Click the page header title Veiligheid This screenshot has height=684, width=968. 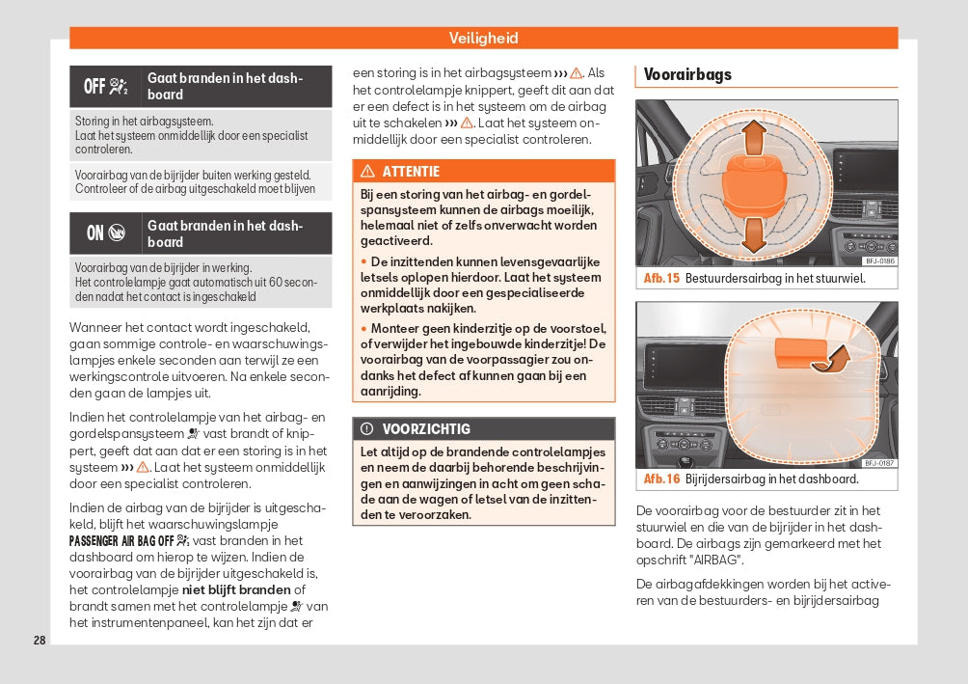pyautogui.click(x=483, y=38)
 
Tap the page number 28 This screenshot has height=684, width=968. pyautogui.click(x=40, y=641)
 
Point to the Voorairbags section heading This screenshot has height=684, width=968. pyautogui.click(x=687, y=74)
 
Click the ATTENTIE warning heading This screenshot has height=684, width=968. pyautogui.click(x=411, y=172)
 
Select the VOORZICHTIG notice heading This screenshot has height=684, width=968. pyautogui.click(x=426, y=428)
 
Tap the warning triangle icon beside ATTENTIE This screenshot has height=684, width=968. pyautogui.click(x=367, y=172)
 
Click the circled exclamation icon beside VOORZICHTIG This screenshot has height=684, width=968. pyautogui.click(x=367, y=428)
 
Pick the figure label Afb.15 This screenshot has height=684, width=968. pyautogui.click(x=661, y=279)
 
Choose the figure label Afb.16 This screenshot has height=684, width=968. pyautogui.click(x=661, y=479)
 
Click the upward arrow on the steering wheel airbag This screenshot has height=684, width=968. pyautogui.click(x=754, y=134)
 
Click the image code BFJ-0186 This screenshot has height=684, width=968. pyautogui.click(x=878, y=260)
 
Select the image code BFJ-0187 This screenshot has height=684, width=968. pyautogui.click(x=878, y=462)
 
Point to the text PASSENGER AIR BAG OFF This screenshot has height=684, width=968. pyautogui.click(x=121, y=540)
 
